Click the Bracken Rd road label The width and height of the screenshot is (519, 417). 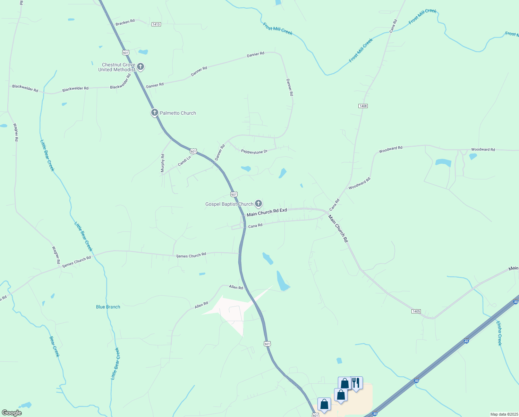(x=125, y=22)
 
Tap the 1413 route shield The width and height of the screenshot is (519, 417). (x=156, y=24)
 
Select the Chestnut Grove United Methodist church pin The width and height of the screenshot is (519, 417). (x=140, y=66)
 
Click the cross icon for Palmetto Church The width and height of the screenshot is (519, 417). (x=154, y=113)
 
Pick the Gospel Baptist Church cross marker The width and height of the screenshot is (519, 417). (x=258, y=204)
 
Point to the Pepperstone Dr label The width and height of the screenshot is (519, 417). (x=254, y=152)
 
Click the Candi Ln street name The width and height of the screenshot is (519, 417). (x=184, y=161)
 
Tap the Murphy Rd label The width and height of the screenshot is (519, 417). (x=163, y=163)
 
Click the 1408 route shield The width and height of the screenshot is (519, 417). (x=363, y=106)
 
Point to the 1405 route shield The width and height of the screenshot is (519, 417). (x=416, y=311)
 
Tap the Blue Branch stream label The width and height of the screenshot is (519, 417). (x=108, y=307)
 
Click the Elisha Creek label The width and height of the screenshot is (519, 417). (x=499, y=333)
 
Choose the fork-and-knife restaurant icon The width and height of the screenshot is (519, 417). (x=356, y=383)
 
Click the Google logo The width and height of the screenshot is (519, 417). (x=11, y=413)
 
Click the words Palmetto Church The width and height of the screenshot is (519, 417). (x=178, y=113)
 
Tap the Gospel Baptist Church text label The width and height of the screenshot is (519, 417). (x=229, y=204)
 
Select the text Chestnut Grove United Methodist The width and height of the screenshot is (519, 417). (x=117, y=67)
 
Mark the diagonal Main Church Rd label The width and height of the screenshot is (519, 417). (x=338, y=228)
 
